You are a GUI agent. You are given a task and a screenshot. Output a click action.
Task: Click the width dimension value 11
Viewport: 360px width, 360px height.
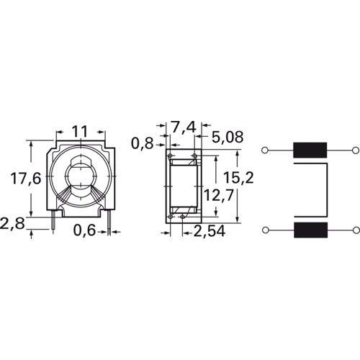[x=80, y=132]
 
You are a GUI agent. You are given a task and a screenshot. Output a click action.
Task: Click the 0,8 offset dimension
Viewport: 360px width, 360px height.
[x=142, y=143]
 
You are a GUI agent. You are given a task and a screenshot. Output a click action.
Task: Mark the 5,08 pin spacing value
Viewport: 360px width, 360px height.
[x=228, y=137]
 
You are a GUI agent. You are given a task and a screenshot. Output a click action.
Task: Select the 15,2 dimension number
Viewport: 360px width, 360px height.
[x=238, y=177]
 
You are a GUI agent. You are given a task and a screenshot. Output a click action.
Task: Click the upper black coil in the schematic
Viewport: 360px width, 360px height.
[x=310, y=150]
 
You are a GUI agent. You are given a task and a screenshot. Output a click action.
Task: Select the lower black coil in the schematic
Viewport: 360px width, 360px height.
[x=310, y=230]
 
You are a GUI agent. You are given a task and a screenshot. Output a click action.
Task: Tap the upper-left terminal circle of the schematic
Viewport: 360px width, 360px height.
[x=266, y=150]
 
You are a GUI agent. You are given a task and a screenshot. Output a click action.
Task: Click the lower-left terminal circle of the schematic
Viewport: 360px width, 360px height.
[x=266, y=230]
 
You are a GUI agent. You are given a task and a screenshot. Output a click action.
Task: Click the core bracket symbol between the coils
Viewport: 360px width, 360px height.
[x=328, y=190]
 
